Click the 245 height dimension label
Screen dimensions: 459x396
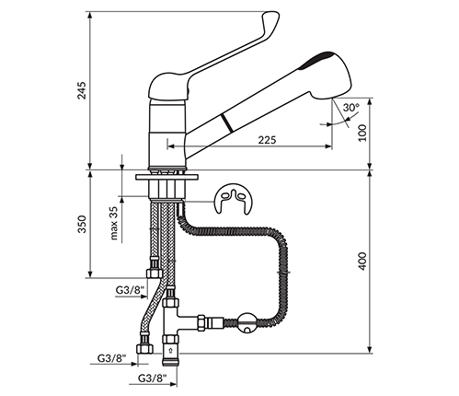tap(82, 90)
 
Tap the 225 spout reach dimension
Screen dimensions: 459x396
tap(267, 140)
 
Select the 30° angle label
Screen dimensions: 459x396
tap(351, 108)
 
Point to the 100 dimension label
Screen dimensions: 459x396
tap(362, 133)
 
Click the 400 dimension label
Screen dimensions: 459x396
tap(362, 261)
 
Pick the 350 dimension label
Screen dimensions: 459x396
tap(82, 224)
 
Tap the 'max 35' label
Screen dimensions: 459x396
tap(114, 223)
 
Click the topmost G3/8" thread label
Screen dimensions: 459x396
tap(130, 290)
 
